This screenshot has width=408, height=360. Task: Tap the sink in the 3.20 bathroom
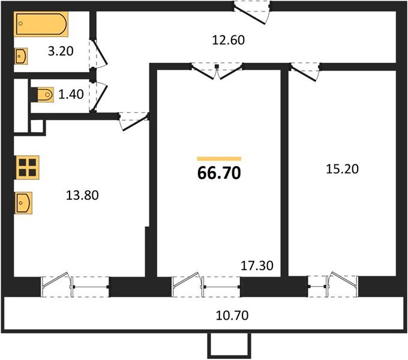click(x=21, y=56)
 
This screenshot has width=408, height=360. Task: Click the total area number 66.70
click(x=219, y=173)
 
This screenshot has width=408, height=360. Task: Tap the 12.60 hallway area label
click(x=229, y=41)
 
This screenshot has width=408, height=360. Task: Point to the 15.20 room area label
click(x=342, y=169)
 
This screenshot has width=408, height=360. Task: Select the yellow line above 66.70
click(x=219, y=158)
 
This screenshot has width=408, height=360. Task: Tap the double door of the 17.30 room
click(x=217, y=71)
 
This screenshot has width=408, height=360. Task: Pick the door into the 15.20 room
click(x=304, y=71)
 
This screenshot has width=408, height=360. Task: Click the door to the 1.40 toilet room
click(x=99, y=95)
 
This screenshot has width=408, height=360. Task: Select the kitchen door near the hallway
click(x=133, y=119)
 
